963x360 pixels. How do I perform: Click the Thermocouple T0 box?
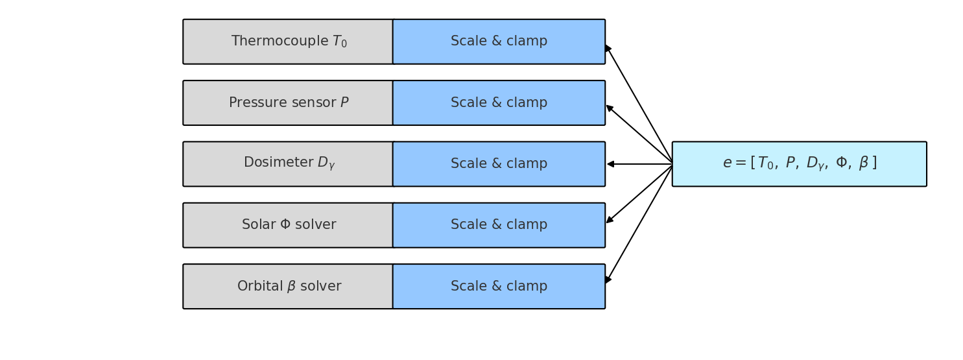(x=288, y=42)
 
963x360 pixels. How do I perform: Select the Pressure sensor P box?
(x=288, y=102)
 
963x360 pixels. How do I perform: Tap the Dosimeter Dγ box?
(x=288, y=163)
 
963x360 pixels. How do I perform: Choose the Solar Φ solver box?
(x=288, y=225)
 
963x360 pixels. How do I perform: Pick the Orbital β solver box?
(x=288, y=286)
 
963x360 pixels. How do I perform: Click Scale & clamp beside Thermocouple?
(x=499, y=42)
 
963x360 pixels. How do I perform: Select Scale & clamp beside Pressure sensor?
(x=499, y=102)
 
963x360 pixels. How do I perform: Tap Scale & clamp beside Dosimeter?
(x=499, y=163)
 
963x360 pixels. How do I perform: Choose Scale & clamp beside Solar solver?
(x=499, y=225)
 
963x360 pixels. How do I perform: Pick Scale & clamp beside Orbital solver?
(x=499, y=286)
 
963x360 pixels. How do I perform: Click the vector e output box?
(x=799, y=163)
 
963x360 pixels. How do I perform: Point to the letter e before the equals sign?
(x=727, y=163)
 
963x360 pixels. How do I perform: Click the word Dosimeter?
(x=278, y=163)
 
